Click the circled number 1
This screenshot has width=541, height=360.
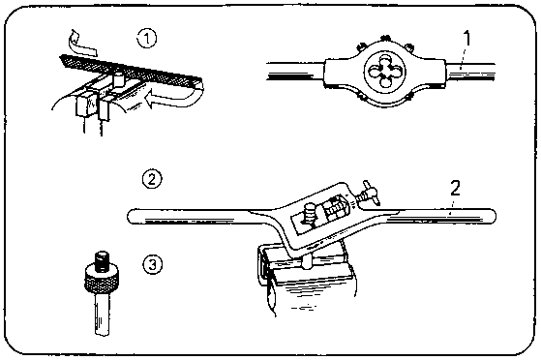(147, 39)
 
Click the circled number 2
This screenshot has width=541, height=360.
(152, 179)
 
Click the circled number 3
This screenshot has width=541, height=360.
(152, 265)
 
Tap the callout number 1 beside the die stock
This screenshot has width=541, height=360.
(466, 39)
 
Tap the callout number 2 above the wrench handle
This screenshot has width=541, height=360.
(456, 189)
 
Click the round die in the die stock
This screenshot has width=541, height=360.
(385, 72)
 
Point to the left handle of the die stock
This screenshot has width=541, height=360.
(296, 72)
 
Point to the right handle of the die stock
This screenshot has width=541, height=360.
(470, 72)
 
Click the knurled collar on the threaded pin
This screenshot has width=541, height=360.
(103, 279)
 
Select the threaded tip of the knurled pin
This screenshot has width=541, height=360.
(103, 259)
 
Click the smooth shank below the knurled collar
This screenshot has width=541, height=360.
(103, 314)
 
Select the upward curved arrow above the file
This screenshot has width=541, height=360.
(82, 43)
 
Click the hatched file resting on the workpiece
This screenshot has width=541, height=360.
(131, 71)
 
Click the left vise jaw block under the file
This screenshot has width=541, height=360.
(85, 103)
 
